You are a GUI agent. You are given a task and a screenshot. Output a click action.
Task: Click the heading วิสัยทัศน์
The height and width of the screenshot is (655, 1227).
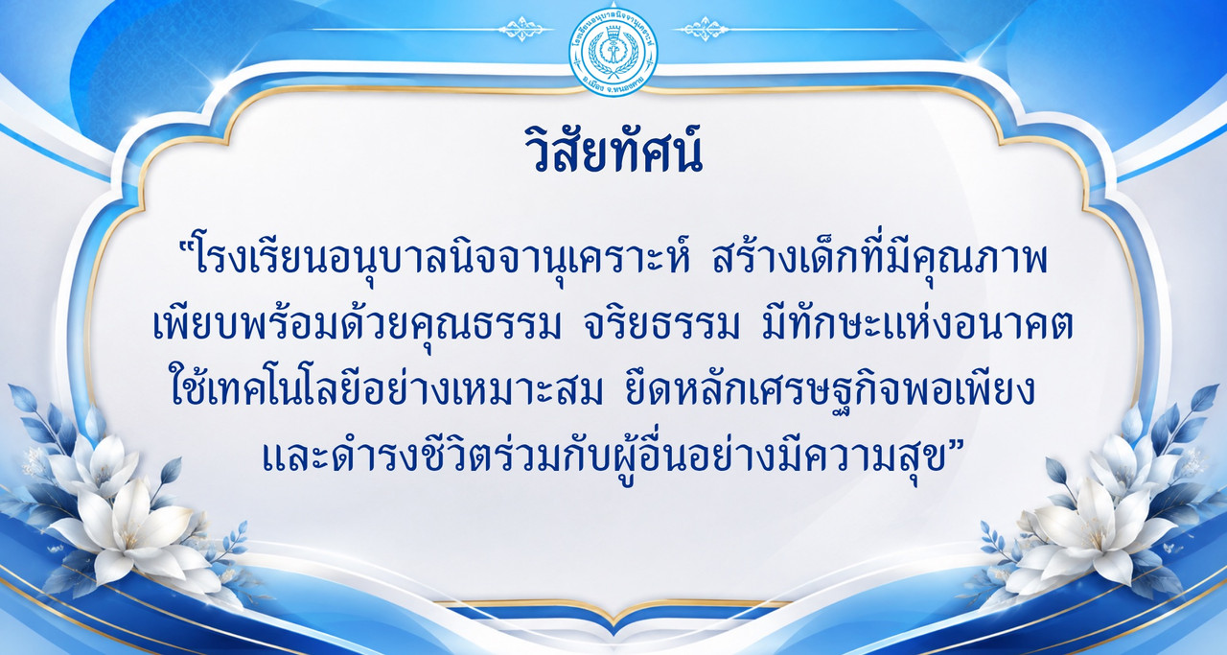tap(613, 149)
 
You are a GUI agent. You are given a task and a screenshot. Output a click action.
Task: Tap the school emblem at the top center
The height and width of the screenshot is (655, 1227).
tap(613, 52)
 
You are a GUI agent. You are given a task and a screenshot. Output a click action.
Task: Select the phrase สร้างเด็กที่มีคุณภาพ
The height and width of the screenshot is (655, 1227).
tap(879, 259)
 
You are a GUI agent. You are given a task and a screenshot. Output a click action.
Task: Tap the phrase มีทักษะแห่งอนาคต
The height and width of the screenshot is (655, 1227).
tap(917, 323)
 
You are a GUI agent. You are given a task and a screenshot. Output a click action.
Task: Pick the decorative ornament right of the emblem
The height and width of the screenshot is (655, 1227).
tap(701, 29)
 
